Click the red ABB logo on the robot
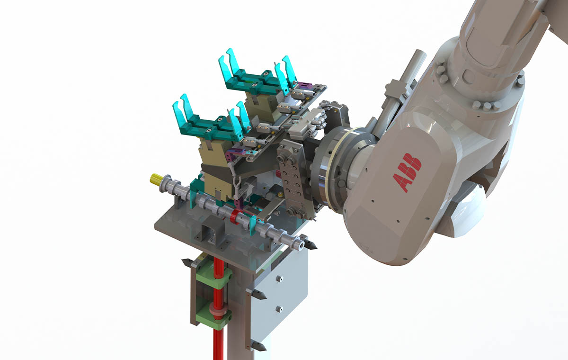tap(407, 172)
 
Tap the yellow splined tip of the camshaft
tap(155, 179)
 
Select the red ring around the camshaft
tap(234, 216)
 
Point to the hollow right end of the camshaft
tap(301, 244)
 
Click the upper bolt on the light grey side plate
tap(279, 279)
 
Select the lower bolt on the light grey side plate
tap(279, 309)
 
